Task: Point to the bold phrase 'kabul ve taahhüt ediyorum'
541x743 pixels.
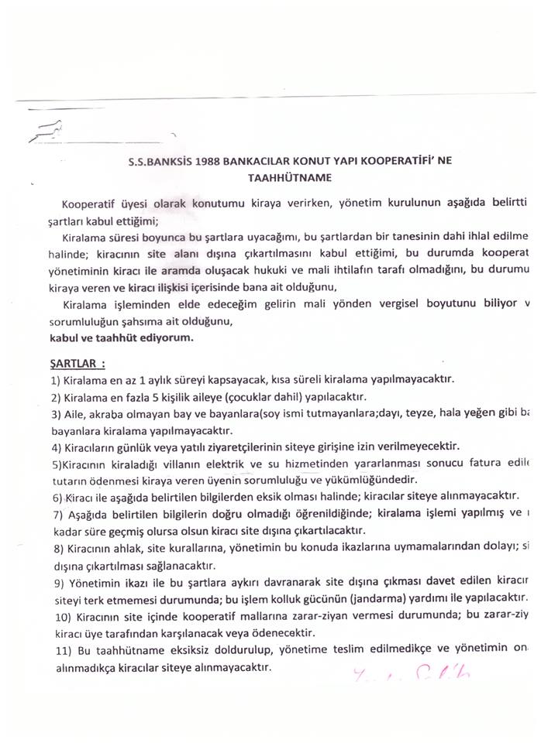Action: click(x=121, y=338)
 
